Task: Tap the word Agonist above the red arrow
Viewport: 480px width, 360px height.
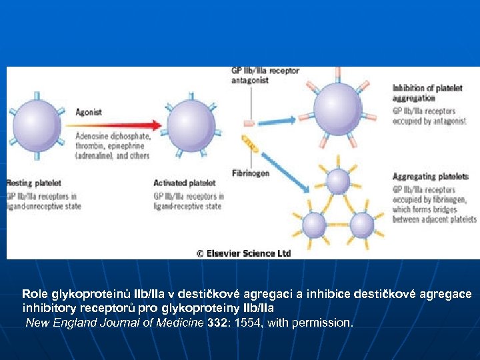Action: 88,112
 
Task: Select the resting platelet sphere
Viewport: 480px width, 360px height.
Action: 36,125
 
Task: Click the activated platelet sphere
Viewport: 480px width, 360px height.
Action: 191,125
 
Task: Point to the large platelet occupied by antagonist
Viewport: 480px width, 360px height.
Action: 338,105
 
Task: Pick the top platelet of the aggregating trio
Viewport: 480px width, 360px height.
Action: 338,181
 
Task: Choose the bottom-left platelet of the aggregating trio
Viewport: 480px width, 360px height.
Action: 313,225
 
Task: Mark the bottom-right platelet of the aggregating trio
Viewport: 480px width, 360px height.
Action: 361,225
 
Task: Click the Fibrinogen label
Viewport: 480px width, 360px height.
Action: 250,172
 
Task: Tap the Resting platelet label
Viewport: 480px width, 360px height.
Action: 33,183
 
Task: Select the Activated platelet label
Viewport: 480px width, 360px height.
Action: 185,183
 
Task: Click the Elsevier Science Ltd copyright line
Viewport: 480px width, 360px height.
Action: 243,253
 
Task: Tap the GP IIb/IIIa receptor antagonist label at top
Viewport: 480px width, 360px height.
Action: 265,75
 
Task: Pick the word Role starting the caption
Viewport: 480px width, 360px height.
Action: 34,294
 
